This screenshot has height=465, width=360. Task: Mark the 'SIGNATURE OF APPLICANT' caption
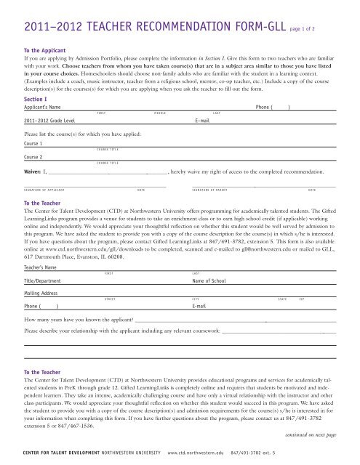coord(44,190)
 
